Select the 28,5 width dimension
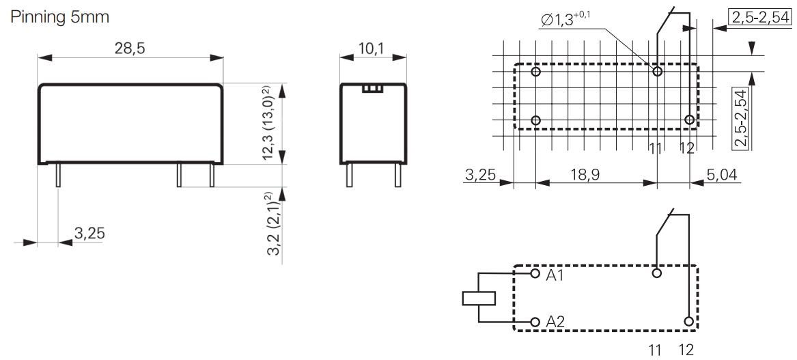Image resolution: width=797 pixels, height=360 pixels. coord(130,49)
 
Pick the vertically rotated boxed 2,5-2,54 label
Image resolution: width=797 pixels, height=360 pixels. coord(740,117)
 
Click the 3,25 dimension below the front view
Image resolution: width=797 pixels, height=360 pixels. coord(89,234)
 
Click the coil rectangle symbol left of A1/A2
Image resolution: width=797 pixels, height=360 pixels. coord(477,298)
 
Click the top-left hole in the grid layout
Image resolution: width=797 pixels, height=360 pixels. coord(536,72)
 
